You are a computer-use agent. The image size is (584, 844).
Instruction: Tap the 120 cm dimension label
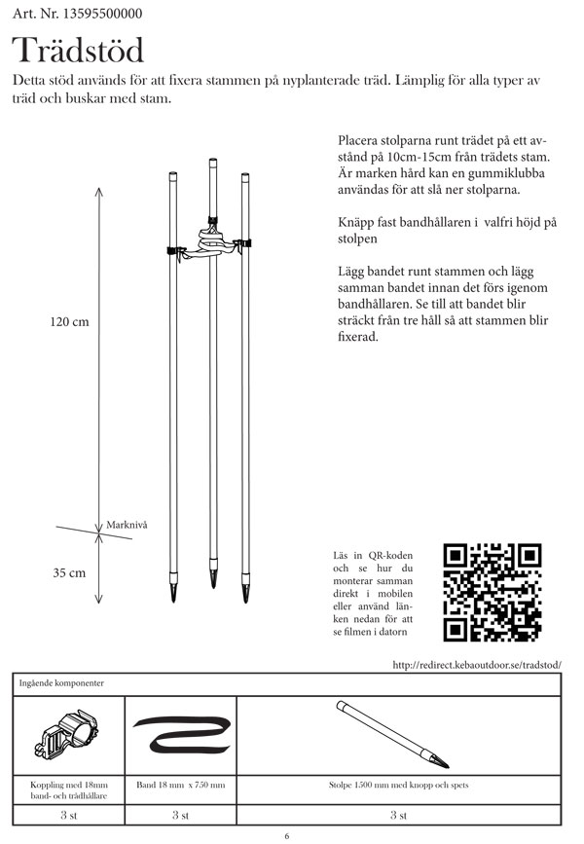69,322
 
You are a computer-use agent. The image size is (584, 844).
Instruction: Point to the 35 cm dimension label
69,573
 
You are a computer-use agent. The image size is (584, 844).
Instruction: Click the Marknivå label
127,524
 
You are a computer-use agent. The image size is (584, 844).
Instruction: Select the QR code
492,592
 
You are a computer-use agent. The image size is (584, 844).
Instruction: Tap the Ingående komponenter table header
60,683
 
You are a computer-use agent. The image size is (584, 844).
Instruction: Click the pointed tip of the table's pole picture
445,759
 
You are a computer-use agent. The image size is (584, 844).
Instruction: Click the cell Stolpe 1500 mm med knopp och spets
399,784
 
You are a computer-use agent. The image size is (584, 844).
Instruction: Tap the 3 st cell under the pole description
399,813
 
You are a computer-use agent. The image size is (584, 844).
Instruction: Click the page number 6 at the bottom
287,834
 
